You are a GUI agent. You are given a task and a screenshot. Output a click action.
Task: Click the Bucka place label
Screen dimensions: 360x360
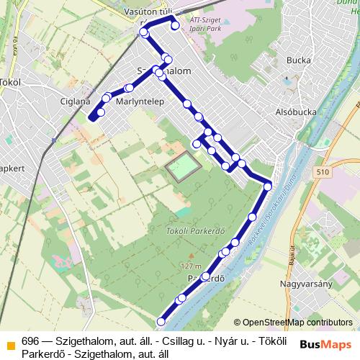click(x=297, y=60)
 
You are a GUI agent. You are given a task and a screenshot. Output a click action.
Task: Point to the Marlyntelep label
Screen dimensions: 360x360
click(x=136, y=102)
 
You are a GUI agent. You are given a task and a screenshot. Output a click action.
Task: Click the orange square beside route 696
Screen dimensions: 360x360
click(x=9, y=340)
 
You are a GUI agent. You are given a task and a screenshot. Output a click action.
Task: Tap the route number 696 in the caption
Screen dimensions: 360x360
click(x=30, y=340)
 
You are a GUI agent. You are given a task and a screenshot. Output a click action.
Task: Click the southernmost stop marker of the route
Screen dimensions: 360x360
click(x=161, y=322)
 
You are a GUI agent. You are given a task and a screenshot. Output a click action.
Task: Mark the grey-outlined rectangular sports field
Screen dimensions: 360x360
click(x=182, y=168)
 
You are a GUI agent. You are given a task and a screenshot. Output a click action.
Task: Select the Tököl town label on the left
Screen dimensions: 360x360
click(x=13, y=81)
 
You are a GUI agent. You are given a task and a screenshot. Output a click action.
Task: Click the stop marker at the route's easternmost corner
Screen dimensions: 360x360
click(x=268, y=186)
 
